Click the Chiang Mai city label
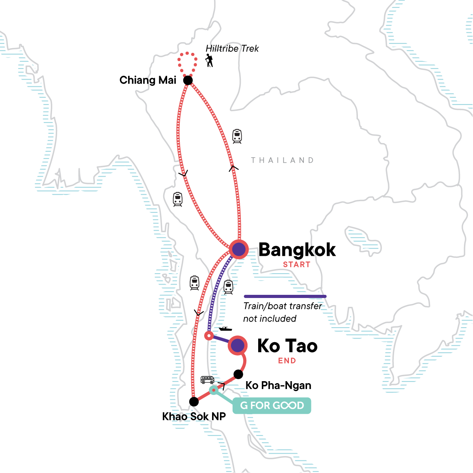(148, 80)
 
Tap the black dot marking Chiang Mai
(188, 80)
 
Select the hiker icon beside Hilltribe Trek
(209, 61)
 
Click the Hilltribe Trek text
(232, 48)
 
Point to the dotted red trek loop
(187, 55)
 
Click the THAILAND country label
(282, 160)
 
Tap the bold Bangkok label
(297, 250)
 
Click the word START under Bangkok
(297, 264)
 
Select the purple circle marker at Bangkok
(238, 249)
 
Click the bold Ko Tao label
(287, 346)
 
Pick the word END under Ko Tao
(287, 361)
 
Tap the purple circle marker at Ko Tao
(238, 345)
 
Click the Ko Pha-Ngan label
(278, 385)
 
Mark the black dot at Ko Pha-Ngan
(238, 374)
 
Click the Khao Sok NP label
(194, 417)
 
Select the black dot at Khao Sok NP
(194, 402)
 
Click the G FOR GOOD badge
(272, 406)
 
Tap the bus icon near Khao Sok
(207, 380)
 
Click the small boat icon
(225, 328)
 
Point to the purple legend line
(285, 296)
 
